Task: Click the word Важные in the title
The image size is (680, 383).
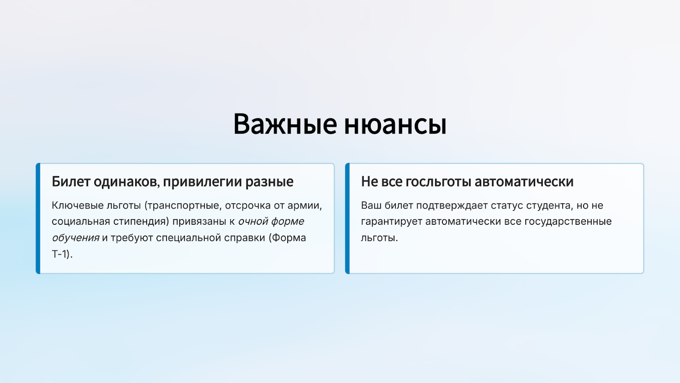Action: [x=285, y=124]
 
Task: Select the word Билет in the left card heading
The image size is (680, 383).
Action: [x=71, y=181]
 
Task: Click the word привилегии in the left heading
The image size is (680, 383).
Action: [x=202, y=182]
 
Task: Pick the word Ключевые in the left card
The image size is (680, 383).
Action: [x=77, y=206]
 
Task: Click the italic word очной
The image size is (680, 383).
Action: [x=253, y=221]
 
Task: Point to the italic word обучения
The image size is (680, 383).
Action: [x=76, y=238]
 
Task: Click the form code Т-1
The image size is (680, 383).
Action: [x=61, y=254]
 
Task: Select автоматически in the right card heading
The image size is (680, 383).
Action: [x=524, y=182]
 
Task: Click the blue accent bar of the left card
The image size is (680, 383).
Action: [x=38, y=218]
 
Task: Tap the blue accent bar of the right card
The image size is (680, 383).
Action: [x=347, y=218]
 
